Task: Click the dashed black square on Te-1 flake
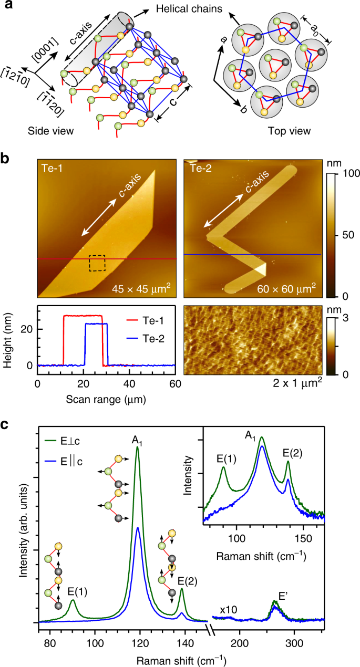coord(97,263)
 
